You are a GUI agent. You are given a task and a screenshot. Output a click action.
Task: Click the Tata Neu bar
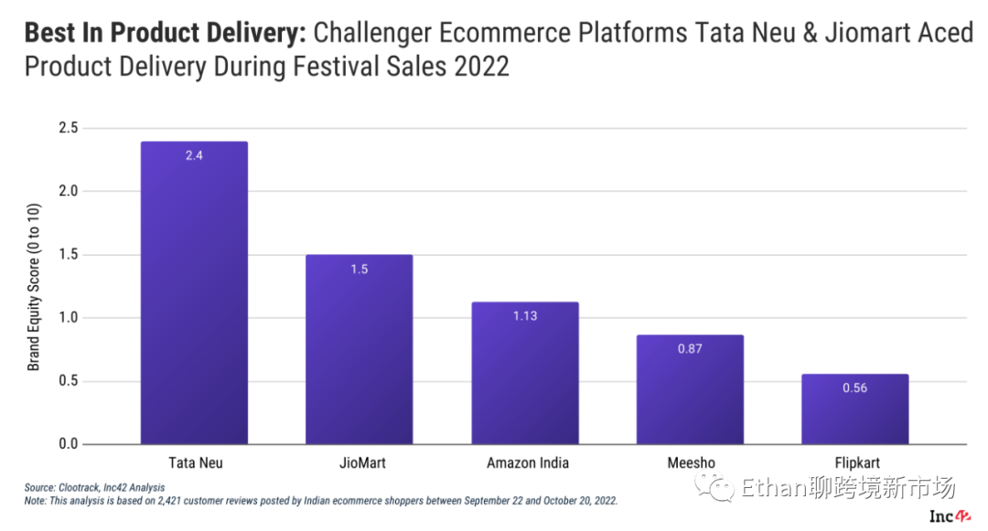tap(194, 292)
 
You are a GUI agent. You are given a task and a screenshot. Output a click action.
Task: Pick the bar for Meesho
tap(690, 389)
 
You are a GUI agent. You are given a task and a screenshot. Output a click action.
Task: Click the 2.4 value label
tap(194, 156)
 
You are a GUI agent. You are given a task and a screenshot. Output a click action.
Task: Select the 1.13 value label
tap(525, 316)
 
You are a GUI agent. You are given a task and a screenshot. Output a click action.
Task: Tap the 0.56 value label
tap(855, 388)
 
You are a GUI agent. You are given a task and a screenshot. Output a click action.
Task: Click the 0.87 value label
tap(690, 349)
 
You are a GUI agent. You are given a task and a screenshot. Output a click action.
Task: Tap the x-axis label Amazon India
tap(528, 463)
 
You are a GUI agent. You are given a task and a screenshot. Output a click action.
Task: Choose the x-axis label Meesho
tap(691, 463)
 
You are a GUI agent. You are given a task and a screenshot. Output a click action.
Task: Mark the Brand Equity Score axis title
tap(34, 286)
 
